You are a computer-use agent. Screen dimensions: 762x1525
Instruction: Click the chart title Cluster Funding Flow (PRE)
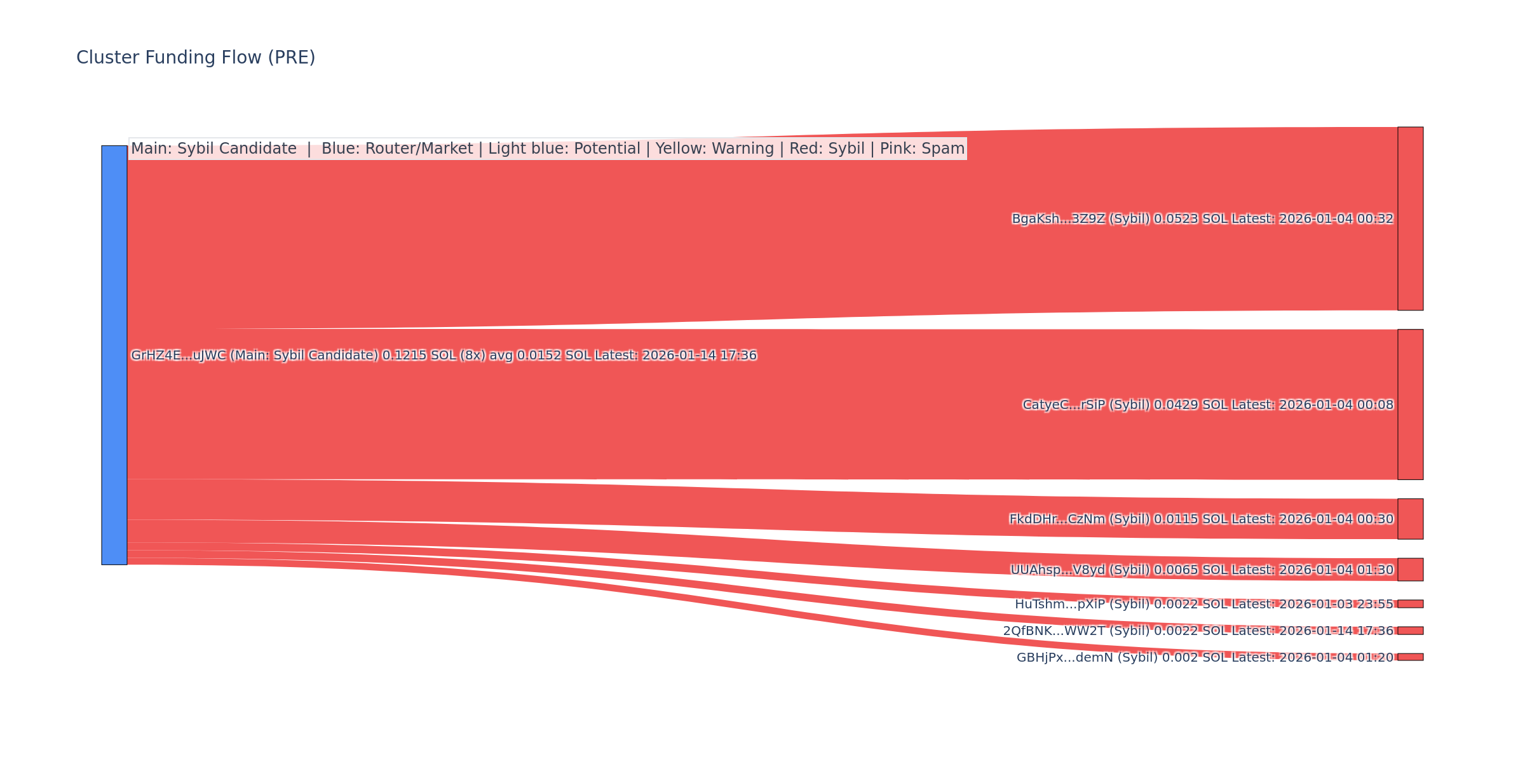pos(196,58)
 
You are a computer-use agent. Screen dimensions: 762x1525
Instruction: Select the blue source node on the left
pos(114,355)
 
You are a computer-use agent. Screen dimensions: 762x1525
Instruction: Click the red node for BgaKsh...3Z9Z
pos(1410,218)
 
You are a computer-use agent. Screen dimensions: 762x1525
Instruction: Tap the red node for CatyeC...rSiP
pos(1410,404)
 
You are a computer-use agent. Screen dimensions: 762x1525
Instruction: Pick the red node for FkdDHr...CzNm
pos(1410,519)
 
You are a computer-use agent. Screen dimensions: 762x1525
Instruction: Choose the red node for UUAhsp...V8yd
pos(1410,570)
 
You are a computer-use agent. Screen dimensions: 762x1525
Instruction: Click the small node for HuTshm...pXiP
pos(1410,604)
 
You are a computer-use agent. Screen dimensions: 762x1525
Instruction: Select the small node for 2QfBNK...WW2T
pos(1410,631)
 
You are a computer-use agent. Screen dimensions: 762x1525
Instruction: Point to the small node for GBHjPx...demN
pos(1410,657)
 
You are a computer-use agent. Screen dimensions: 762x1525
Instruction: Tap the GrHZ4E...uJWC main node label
pos(444,356)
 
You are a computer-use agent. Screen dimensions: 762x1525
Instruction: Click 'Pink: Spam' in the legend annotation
pos(922,149)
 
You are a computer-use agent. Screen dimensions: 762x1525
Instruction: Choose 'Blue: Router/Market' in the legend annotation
pos(397,149)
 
